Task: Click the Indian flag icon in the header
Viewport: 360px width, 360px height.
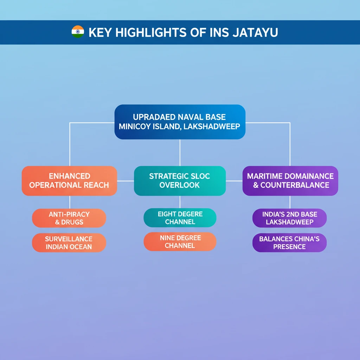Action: click(x=78, y=32)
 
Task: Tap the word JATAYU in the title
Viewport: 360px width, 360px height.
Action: click(x=255, y=32)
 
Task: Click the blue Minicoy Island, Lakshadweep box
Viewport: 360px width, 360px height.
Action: click(x=180, y=122)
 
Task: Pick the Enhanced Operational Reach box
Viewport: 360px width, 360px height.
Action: click(x=69, y=181)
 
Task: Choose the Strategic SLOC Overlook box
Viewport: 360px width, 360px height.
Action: click(x=180, y=181)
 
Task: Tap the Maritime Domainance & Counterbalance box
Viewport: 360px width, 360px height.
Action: click(x=290, y=181)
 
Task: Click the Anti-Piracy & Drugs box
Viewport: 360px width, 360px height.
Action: click(x=69, y=218)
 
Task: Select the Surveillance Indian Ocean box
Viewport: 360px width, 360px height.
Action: click(x=69, y=243)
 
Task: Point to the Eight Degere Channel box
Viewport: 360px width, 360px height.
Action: click(x=180, y=218)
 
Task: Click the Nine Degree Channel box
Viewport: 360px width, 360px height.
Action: click(x=180, y=242)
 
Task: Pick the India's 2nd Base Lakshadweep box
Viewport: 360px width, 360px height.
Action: click(x=289, y=218)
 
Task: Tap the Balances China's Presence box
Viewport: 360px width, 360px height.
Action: click(x=289, y=243)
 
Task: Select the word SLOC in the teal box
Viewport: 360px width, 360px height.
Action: click(x=200, y=176)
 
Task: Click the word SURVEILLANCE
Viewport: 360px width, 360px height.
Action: click(x=69, y=239)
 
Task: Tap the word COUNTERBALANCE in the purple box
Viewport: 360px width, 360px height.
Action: click(x=295, y=185)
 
